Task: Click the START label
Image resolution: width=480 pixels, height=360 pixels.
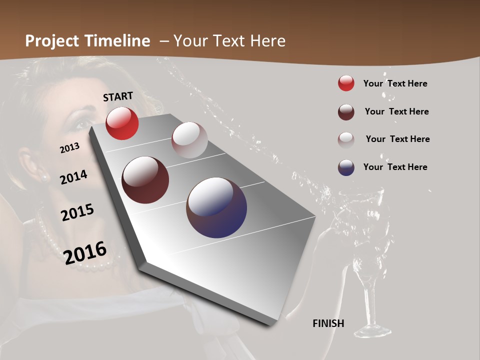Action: tap(118, 96)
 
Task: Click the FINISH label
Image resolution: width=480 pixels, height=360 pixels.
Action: tap(328, 323)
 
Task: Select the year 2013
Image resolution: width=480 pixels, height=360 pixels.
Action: tap(70, 148)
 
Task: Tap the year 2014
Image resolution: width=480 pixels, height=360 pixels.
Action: tap(74, 177)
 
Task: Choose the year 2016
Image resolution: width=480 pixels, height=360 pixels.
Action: tap(85, 252)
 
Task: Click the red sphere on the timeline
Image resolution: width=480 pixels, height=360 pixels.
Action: tap(122, 123)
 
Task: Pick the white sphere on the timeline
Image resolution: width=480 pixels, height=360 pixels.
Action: tap(189, 140)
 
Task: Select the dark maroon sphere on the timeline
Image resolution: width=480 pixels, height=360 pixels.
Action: tap(145, 180)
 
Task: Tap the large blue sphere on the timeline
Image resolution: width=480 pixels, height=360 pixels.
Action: tap(216, 207)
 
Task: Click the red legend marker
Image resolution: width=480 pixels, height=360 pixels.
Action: tap(346, 83)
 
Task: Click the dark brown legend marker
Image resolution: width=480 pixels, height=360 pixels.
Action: tap(346, 112)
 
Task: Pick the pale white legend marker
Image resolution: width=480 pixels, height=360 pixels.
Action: tap(346, 139)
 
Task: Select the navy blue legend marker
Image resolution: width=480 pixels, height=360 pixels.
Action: tap(346, 167)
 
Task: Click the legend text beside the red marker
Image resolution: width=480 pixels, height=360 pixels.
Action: tap(395, 83)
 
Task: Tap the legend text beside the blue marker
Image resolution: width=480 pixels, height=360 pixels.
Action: tap(395, 167)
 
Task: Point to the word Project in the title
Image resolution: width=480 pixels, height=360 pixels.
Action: tap(52, 41)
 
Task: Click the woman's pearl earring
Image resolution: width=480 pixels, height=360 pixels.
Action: tap(44, 177)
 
